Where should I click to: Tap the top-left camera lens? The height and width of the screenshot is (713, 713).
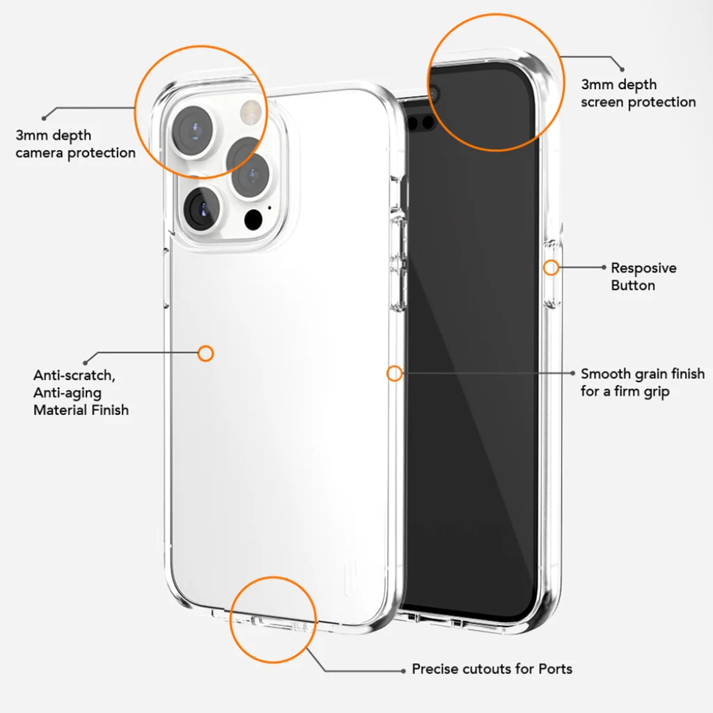195,130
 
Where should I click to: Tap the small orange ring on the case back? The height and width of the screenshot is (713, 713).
205,353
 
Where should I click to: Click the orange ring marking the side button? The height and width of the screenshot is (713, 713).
550,267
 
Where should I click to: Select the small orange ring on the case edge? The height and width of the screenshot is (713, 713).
394,373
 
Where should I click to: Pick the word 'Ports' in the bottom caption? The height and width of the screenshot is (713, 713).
556,669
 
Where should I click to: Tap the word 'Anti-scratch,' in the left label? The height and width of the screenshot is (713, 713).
75,375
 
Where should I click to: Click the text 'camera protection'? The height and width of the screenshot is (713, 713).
75,152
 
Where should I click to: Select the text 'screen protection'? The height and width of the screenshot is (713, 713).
638,102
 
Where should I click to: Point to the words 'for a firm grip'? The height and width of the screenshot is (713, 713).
625,391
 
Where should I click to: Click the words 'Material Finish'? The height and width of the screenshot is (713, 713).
81,410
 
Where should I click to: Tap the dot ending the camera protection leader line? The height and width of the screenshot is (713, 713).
45,117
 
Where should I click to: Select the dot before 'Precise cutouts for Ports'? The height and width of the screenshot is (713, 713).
403,670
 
